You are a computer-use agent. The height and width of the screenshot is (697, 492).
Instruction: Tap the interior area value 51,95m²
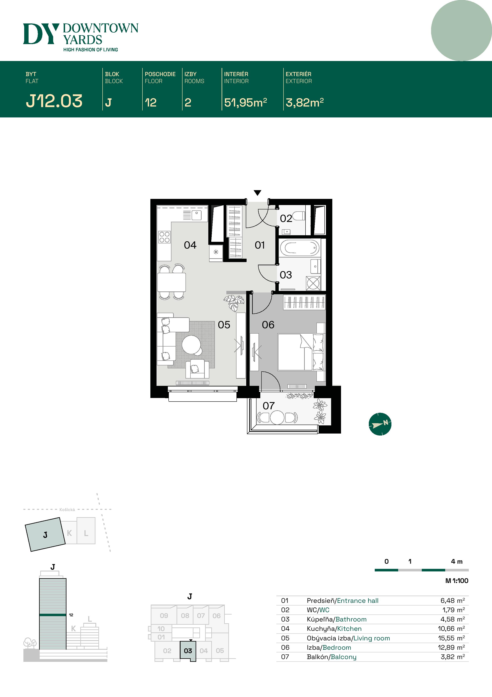click(245, 103)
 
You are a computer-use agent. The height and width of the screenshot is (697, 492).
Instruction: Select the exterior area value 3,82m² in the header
click(304, 103)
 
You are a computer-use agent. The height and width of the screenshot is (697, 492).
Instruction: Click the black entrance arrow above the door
click(257, 193)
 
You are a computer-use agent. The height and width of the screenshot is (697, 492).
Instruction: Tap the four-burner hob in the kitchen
click(164, 237)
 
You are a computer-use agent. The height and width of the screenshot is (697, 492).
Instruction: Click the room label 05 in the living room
click(224, 325)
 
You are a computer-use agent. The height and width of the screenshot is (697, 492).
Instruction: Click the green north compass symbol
click(380, 424)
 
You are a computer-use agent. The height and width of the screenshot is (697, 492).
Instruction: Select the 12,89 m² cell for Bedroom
click(451, 648)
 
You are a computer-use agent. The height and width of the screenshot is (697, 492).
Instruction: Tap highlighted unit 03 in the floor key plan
click(188, 651)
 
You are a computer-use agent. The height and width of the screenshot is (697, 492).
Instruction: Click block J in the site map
click(45, 535)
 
